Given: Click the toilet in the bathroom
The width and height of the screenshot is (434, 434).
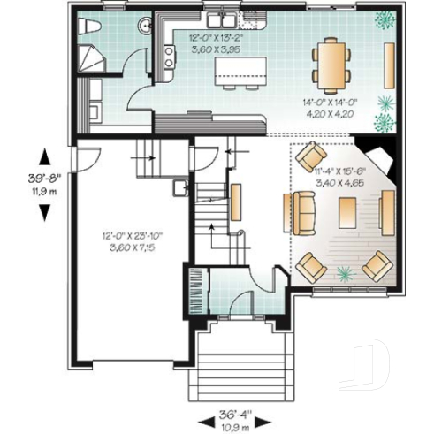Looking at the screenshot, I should coord(86,27).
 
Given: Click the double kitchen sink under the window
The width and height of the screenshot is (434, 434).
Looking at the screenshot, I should coord(217,19).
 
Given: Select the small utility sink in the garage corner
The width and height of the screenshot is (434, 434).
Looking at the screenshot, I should coord(179,187).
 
